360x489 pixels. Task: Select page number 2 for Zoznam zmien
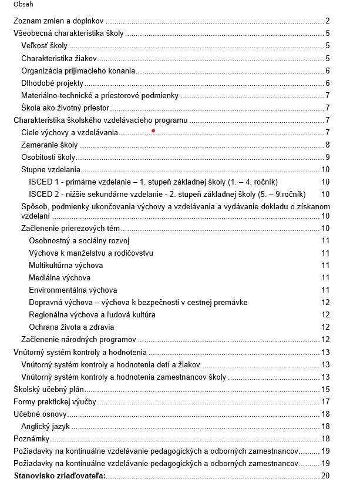point(327,21)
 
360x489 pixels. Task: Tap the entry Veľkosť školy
point(44,46)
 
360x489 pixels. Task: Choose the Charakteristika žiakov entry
point(59,58)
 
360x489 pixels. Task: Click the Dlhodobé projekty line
point(52,83)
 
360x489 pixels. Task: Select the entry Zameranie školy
point(49,145)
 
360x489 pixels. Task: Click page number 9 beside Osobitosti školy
point(327,158)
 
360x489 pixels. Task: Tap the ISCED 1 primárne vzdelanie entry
point(153,182)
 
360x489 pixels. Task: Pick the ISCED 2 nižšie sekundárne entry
point(159,195)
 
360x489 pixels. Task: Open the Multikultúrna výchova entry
point(66,265)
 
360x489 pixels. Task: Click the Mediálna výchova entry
point(60,277)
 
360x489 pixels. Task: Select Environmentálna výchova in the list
point(73,290)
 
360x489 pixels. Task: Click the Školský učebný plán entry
point(49,389)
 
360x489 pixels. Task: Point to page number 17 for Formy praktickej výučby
point(325,401)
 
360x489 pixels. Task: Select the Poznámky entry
point(32,438)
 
